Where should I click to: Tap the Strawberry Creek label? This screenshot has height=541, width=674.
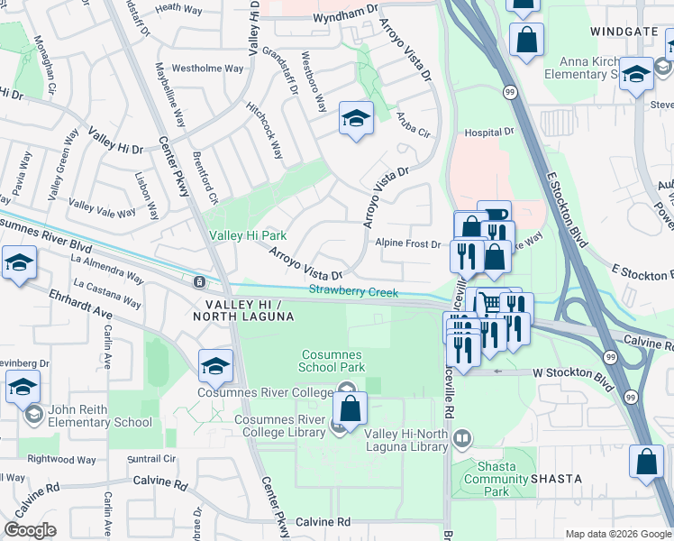point(353,290)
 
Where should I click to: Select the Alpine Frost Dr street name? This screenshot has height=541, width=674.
point(408,243)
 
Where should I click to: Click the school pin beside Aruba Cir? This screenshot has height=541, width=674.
point(356,119)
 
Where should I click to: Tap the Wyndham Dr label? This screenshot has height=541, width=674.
point(345,14)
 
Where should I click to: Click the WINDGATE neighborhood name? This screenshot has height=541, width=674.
point(623,32)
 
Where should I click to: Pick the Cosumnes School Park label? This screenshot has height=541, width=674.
point(332,361)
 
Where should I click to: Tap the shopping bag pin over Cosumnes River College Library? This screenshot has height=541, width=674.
point(351,409)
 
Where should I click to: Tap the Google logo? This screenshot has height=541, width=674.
point(30,529)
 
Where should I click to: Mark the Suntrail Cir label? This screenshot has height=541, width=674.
point(151,458)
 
